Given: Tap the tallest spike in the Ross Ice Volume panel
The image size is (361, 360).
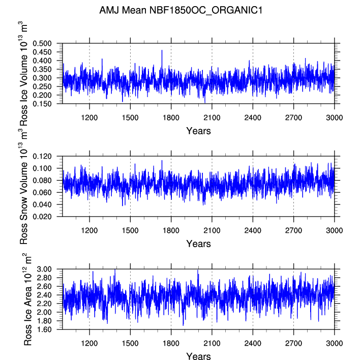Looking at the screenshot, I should tap(162, 50).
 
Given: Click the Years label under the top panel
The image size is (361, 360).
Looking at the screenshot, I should tap(198, 131).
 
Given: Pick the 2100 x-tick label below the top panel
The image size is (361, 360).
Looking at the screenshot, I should tap(212, 117).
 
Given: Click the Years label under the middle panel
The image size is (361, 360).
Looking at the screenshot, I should tap(198, 244).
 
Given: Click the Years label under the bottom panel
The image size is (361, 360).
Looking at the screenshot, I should tap(198, 356).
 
